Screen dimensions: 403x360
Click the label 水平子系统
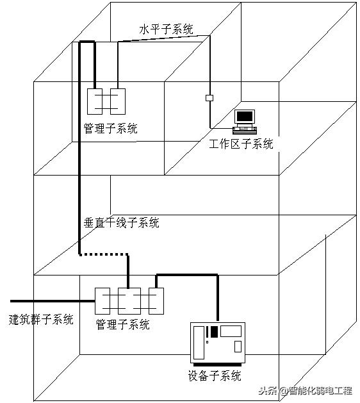[166, 29]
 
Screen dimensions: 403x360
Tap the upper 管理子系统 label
[110, 128]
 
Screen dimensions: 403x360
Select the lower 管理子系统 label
[122, 324]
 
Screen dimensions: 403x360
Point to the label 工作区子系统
[241, 144]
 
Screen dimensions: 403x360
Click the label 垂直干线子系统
[122, 223]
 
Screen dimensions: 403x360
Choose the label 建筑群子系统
[41, 318]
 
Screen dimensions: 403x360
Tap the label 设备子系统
[215, 375]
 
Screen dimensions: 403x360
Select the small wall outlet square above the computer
[209, 98]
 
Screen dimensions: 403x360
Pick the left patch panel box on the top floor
[95, 101]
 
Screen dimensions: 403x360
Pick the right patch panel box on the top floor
[117, 101]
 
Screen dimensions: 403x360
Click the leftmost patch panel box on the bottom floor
[103, 300]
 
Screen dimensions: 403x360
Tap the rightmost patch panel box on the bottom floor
[156, 300]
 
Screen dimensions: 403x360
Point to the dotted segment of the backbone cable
[102, 254]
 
